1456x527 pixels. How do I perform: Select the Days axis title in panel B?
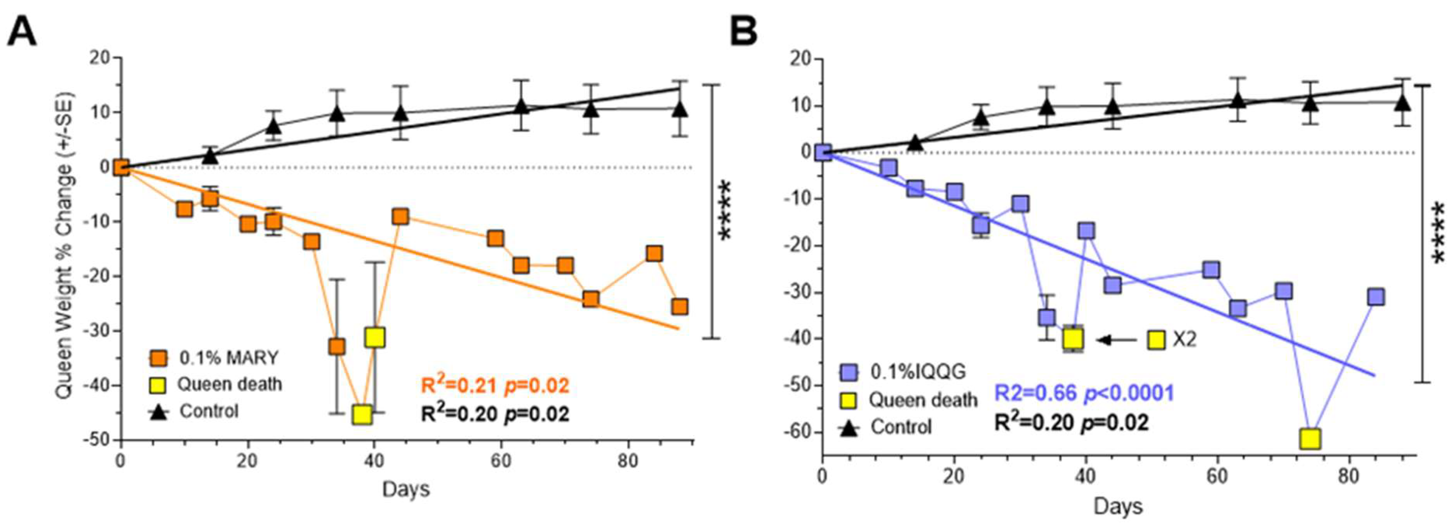click(x=1118, y=506)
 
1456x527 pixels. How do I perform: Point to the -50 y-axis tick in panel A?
click(x=99, y=440)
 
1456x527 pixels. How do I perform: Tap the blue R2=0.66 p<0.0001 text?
click(x=1084, y=393)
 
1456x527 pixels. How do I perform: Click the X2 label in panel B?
click(x=1184, y=339)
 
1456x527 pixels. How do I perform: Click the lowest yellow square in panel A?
click(x=362, y=414)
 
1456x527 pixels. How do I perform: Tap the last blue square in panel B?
click(x=1375, y=297)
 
